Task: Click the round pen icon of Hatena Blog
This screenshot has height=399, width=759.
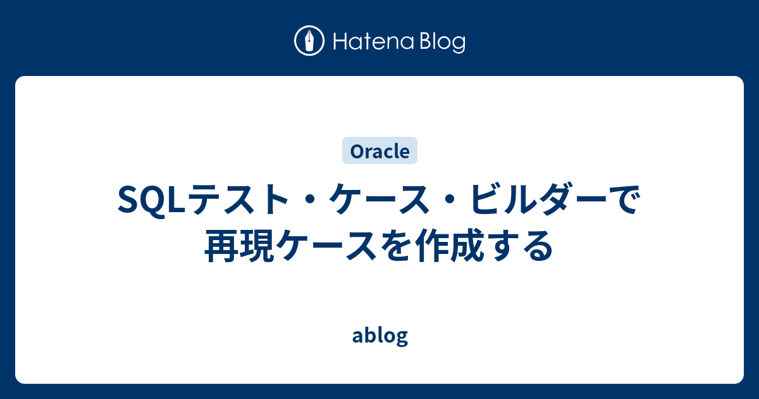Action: pos(309,41)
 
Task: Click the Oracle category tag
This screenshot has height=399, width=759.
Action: pos(379,151)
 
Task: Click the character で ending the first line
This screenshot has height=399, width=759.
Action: pos(622,202)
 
